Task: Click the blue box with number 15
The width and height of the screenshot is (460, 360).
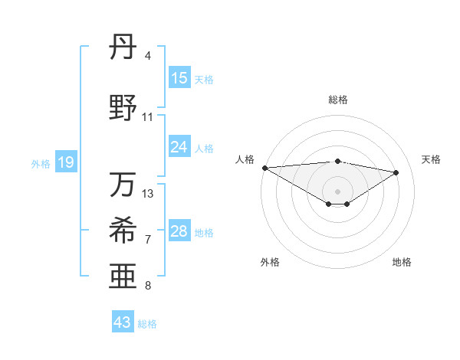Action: (x=179, y=78)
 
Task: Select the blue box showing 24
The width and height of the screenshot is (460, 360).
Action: (x=179, y=147)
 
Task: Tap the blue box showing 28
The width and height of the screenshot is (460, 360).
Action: (x=179, y=232)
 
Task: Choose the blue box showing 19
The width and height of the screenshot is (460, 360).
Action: (x=66, y=162)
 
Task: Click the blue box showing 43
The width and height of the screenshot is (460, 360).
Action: (x=123, y=322)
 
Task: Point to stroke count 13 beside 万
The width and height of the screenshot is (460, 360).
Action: (x=149, y=194)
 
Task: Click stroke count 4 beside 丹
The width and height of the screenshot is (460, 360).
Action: (x=148, y=56)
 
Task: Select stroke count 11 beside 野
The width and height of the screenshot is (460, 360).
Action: (x=148, y=117)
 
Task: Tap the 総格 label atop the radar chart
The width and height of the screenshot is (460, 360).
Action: (x=337, y=100)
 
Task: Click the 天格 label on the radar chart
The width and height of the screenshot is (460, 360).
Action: (x=431, y=159)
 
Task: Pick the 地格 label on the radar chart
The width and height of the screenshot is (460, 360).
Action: (x=402, y=262)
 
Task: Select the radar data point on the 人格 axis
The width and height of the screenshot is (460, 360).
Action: (x=264, y=168)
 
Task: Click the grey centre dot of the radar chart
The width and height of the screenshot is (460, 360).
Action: (x=337, y=191)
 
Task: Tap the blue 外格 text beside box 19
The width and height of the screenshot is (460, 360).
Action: (x=41, y=163)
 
